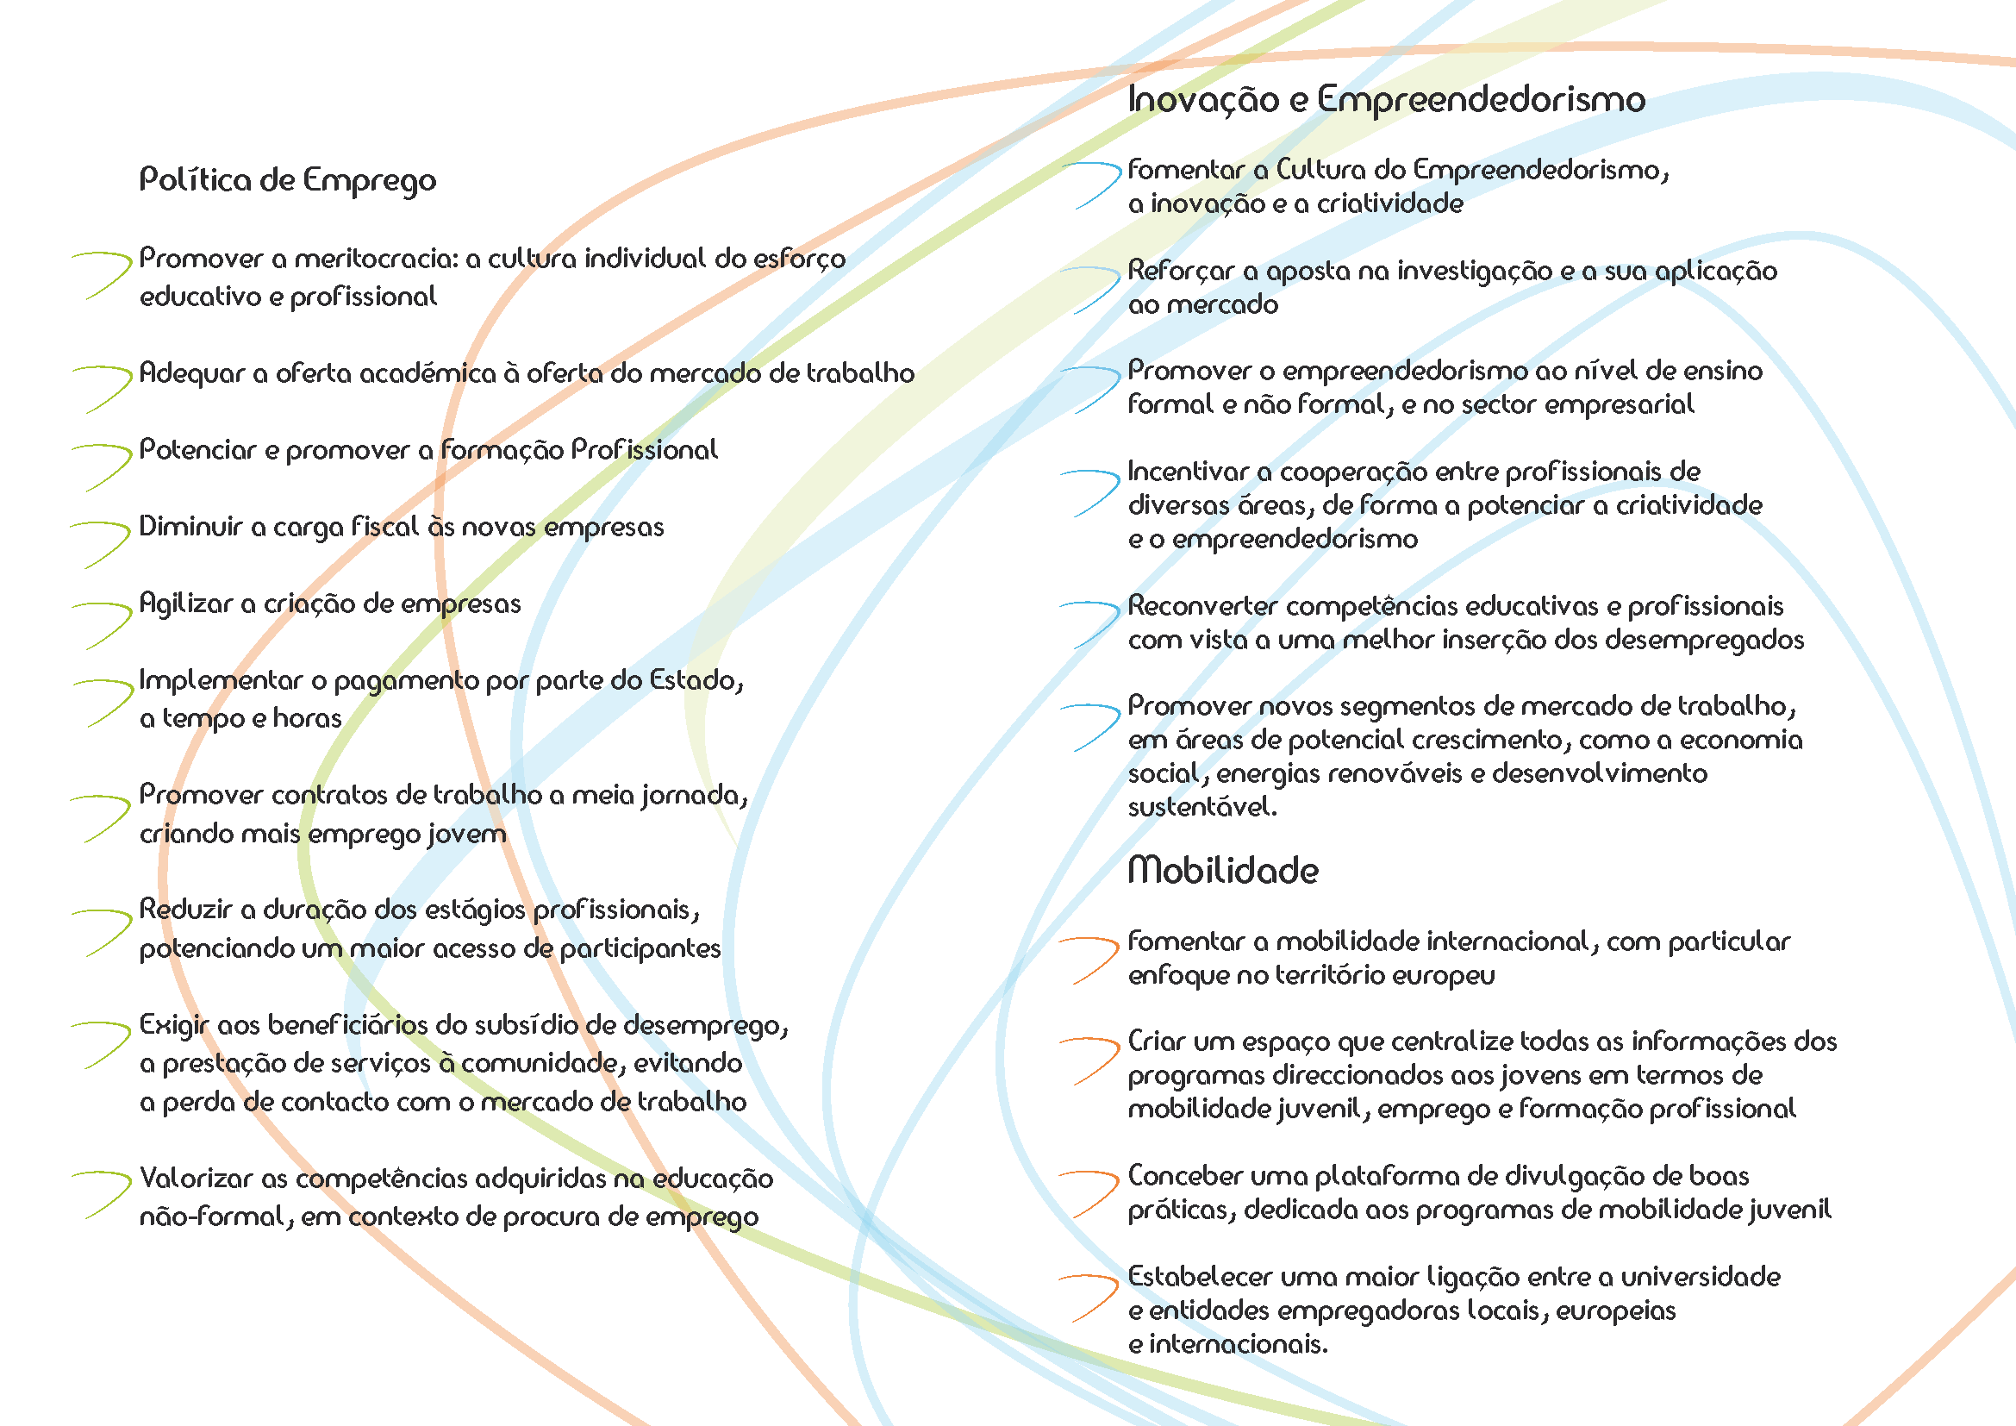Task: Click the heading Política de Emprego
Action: click(288, 180)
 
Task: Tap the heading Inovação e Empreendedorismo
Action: click(1387, 99)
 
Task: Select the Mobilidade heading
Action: click(1223, 870)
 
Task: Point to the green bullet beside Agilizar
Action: click(102, 625)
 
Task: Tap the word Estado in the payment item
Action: click(696, 680)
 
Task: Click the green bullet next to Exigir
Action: click(102, 1045)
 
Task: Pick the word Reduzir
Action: click(184, 910)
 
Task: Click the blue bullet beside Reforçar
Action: click(1090, 290)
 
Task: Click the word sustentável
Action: click(1202, 807)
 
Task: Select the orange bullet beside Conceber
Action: click(1090, 1194)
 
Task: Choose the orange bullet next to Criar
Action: click(1090, 1060)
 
